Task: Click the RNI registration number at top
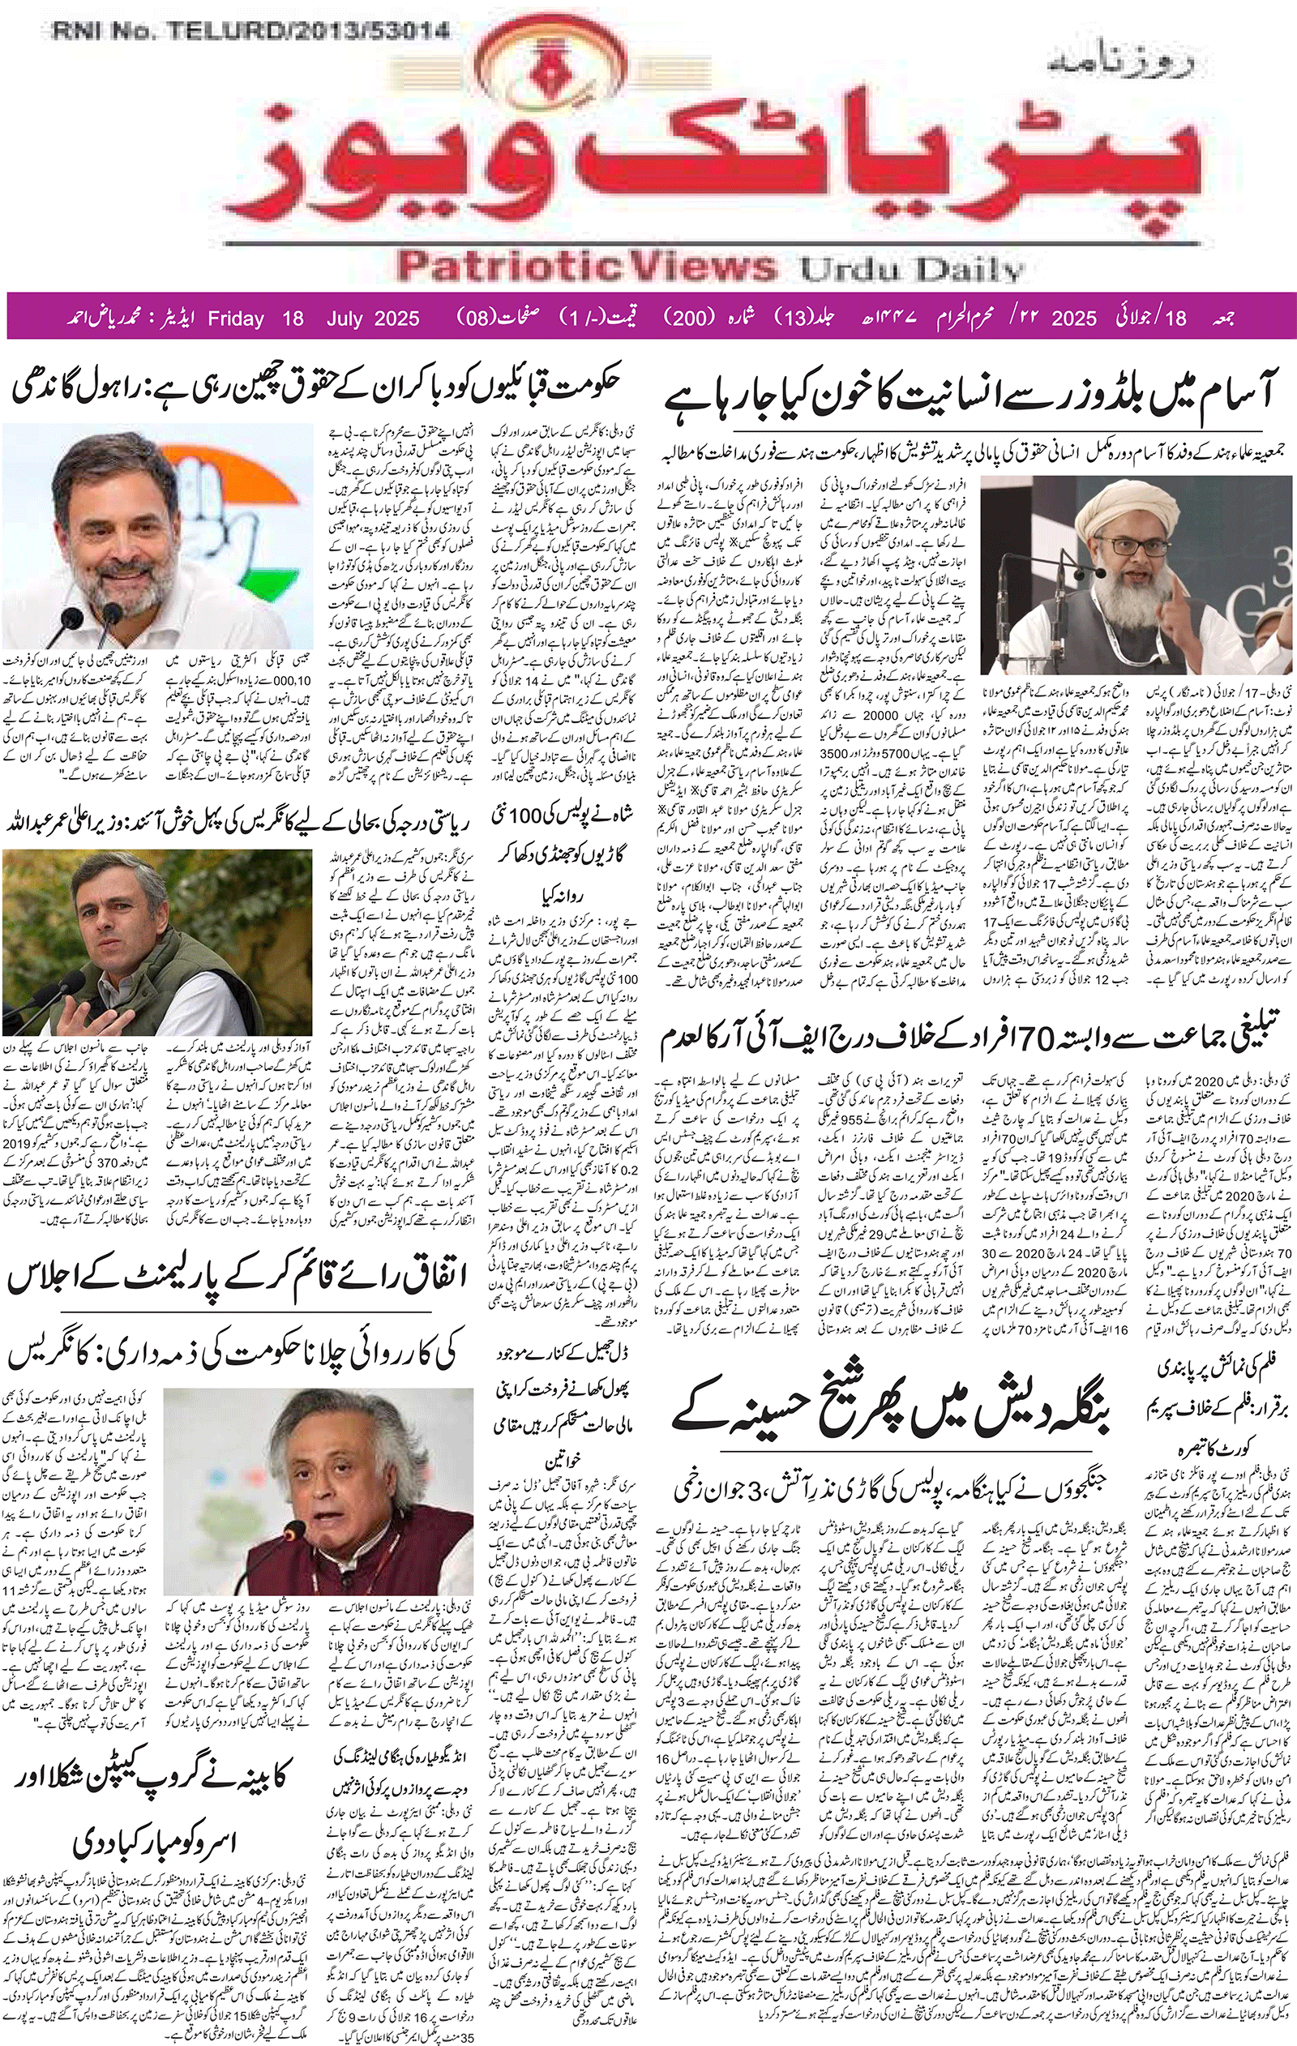pos(250,32)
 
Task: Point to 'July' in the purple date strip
pos(348,319)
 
